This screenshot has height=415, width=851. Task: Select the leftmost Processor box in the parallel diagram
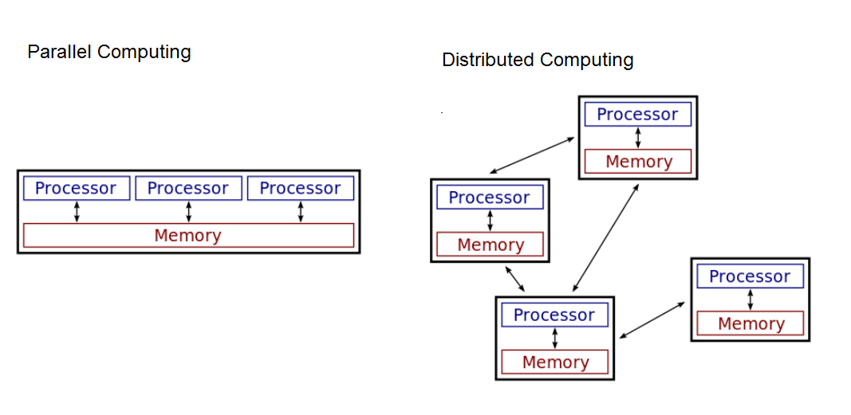click(76, 189)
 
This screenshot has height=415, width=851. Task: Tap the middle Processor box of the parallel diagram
click(188, 189)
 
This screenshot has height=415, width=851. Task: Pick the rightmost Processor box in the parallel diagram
click(300, 189)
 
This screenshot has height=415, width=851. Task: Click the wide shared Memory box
click(188, 236)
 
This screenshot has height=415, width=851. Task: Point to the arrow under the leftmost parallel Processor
click(77, 212)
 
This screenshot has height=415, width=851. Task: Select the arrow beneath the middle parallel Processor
click(188, 212)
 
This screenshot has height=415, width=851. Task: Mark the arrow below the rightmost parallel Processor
click(301, 212)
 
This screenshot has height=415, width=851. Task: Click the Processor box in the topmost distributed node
click(637, 115)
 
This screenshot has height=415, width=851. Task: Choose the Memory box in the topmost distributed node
click(638, 162)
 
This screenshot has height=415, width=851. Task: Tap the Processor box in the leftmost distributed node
click(489, 198)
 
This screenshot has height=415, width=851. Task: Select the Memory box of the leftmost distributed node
click(490, 245)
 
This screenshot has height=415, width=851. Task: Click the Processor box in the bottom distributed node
click(554, 315)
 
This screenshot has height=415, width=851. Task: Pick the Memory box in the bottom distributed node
click(554, 362)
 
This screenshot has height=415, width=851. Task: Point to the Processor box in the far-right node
click(750, 277)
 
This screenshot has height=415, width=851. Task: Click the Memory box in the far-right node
click(751, 323)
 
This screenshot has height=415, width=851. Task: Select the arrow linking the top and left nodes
click(532, 155)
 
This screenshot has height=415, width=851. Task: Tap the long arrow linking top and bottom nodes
click(605, 237)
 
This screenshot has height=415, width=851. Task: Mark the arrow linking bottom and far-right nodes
click(652, 320)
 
